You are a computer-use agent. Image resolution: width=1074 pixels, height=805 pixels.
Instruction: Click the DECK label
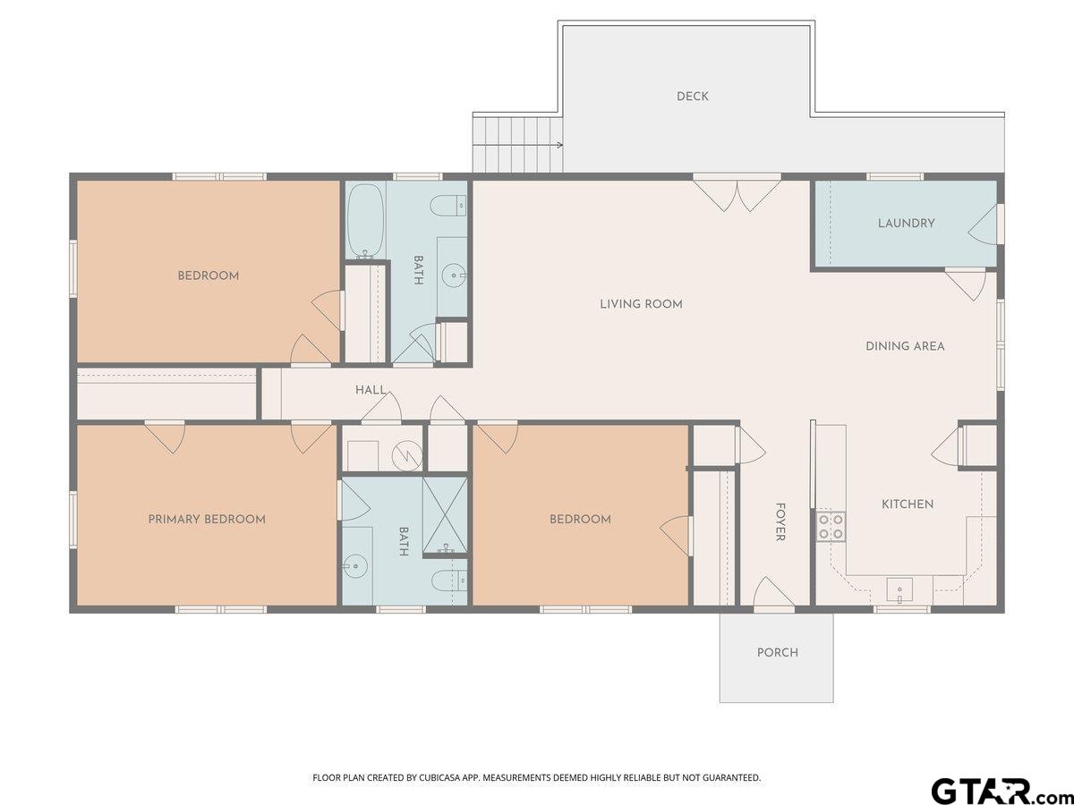tap(693, 97)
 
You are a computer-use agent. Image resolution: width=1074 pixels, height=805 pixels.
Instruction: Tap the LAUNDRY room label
tap(906, 224)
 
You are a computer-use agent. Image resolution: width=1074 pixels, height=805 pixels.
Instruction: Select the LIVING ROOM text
tap(641, 304)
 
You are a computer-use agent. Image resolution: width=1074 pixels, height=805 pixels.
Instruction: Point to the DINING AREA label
tap(905, 346)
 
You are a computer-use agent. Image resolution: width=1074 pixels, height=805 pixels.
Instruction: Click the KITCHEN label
tap(908, 504)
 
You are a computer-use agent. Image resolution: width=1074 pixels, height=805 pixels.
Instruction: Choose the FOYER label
tap(780, 522)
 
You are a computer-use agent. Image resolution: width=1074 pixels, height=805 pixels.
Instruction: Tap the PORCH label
tap(778, 653)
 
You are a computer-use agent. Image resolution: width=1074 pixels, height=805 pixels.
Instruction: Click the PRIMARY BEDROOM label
tap(207, 519)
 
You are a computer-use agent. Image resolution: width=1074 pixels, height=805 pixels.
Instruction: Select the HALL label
tap(371, 390)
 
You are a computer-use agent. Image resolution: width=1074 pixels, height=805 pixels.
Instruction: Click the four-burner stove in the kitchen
tap(831, 527)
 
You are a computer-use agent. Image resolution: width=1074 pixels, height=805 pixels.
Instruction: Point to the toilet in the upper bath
tap(448, 206)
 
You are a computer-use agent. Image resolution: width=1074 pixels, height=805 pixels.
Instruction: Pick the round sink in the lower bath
tap(354, 566)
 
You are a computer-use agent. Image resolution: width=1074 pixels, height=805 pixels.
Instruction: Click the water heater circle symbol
tap(407, 455)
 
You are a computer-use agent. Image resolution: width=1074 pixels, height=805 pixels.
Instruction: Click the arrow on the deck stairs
tap(517, 145)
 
